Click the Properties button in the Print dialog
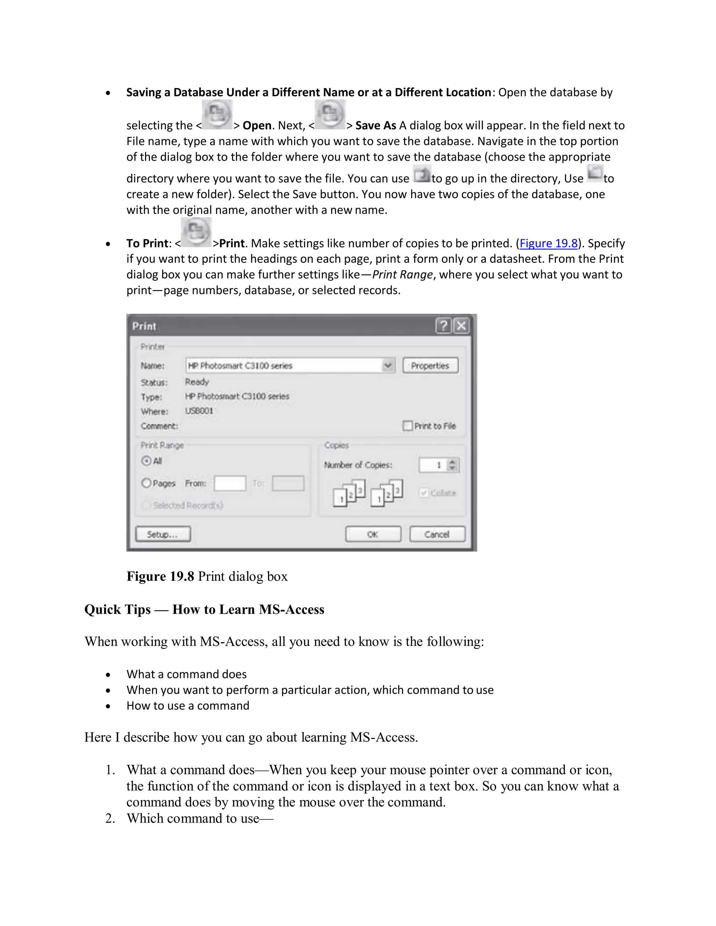[430, 366]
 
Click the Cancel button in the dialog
[437, 534]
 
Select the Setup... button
[163, 534]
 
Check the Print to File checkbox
[407, 426]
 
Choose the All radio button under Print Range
[146, 461]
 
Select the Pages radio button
[146, 483]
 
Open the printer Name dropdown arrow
[388, 366]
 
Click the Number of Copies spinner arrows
[453, 465]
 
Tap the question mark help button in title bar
[443, 326]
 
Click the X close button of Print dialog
[461, 326]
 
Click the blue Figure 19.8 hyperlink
[549, 243]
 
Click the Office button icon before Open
[217, 115]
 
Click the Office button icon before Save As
[330, 115]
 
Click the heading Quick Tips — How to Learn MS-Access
[204, 609]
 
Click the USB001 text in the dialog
[199, 411]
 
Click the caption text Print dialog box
[243, 576]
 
